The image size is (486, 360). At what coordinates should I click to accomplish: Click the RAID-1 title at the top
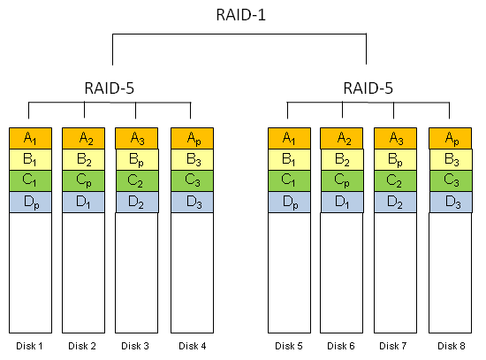coord(239,15)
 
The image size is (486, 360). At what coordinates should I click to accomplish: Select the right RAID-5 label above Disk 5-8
coord(368,88)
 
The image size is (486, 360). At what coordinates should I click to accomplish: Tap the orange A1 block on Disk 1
coord(30,138)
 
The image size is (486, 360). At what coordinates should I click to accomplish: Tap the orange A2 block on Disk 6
coord(342,138)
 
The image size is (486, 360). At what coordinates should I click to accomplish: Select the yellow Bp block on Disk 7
coord(396,160)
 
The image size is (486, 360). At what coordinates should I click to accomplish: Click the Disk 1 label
coord(29,345)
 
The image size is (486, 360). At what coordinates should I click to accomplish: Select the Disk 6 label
coord(342,345)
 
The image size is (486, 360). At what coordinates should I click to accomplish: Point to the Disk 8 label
coord(450,345)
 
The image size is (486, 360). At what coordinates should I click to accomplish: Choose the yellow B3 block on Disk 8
coord(450,160)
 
